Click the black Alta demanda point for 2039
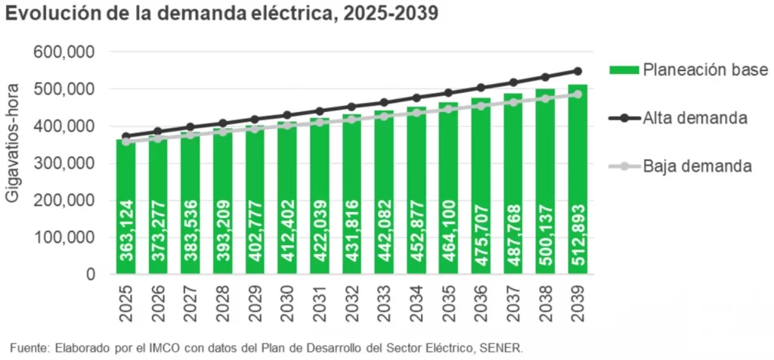tap(577, 71)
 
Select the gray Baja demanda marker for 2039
tap(577, 95)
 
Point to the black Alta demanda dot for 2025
tap(126, 137)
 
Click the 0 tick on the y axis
tap(89, 274)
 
